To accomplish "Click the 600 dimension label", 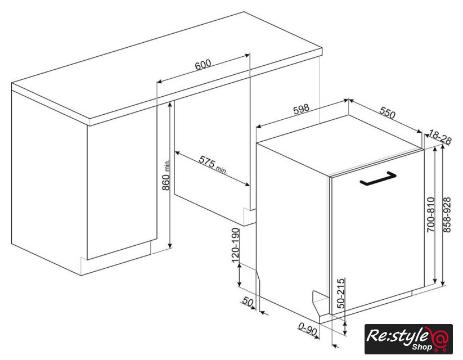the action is tap(203, 64).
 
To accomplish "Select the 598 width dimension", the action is tap(301, 109).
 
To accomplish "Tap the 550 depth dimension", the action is tap(387, 112).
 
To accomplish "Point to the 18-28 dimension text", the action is tap(440, 137).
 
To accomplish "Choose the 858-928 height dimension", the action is tap(447, 215).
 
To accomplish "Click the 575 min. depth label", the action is tap(213, 165).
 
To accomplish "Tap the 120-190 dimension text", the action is tap(235, 245).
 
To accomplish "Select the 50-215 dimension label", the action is tap(341, 293).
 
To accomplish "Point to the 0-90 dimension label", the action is tap(307, 328).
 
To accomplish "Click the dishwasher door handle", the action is tap(378, 179).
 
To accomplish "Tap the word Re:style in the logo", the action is tap(397, 336).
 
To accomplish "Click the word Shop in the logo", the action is tap(422, 346).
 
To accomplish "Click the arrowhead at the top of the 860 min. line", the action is tap(170, 105).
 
